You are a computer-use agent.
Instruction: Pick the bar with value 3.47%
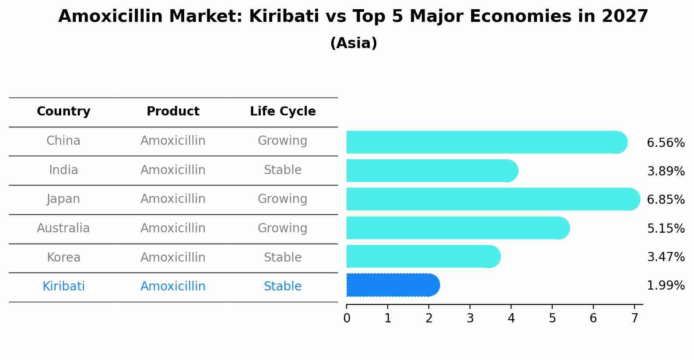[x=423, y=256]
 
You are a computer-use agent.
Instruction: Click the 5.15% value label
[x=666, y=228]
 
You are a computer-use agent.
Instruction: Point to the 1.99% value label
[x=666, y=286]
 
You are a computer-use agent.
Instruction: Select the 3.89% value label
[x=666, y=171]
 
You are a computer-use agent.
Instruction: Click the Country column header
[x=63, y=112]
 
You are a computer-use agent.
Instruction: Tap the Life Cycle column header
[x=283, y=112]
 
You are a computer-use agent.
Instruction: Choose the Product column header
[x=173, y=112]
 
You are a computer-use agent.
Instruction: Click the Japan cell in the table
[x=63, y=199]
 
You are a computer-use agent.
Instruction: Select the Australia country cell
[x=63, y=228]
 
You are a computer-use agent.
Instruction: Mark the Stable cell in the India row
[x=283, y=170]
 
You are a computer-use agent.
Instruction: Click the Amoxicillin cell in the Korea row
[x=173, y=258]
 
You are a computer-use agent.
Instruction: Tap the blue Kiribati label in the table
[x=63, y=287]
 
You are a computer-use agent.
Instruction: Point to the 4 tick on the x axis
[x=511, y=318]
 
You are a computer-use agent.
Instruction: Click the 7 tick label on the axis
[x=634, y=318]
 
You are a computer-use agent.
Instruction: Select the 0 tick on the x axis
[x=347, y=318]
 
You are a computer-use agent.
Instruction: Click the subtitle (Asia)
[x=354, y=43]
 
